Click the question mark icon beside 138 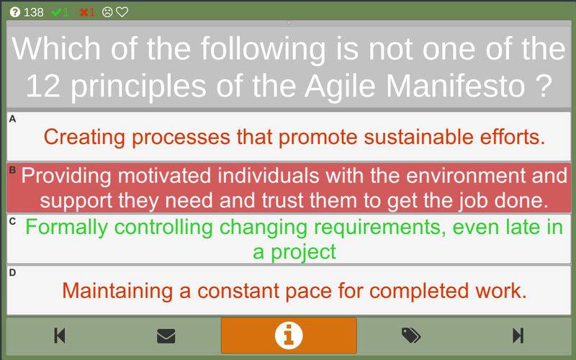[14, 12]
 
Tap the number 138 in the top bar [33, 12]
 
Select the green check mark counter [60, 12]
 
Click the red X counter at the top [87, 12]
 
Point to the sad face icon [107, 12]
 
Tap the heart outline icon [122, 12]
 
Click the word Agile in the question [341, 86]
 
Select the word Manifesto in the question [455, 86]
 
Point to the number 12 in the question [43, 86]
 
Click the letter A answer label [12, 119]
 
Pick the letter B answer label [12, 170]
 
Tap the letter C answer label [12, 221]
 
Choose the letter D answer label [12, 273]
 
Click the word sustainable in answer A [419, 137]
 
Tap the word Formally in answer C [66, 228]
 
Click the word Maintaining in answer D [117, 291]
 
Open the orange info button [289, 336]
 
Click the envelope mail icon [166, 336]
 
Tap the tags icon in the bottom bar [411, 336]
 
